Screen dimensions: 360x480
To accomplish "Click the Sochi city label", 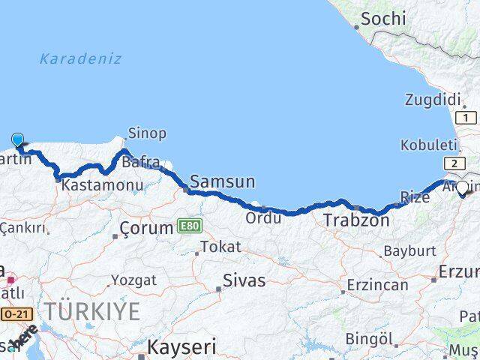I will [x=383, y=19].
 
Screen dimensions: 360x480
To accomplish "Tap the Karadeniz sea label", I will [x=80, y=58].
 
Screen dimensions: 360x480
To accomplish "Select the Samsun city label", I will [x=223, y=181].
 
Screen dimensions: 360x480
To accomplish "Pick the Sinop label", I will [x=148, y=133].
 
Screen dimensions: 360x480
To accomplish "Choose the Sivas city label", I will [x=244, y=281].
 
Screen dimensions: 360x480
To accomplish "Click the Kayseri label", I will [x=181, y=347].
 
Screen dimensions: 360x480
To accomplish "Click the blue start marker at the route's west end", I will [x=18, y=139].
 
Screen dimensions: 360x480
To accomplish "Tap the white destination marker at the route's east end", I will [x=462, y=188].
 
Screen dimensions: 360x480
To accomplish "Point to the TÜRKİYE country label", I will [x=91, y=311].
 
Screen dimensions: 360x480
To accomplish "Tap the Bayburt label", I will [x=409, y=250].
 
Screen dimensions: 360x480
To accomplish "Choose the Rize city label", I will [x=415, y=197].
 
